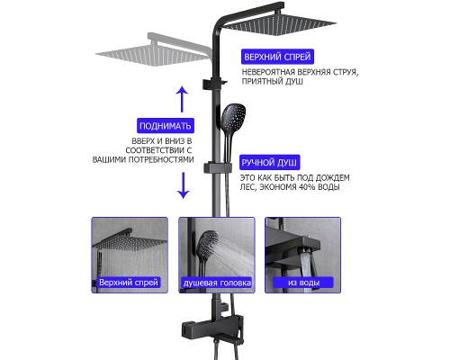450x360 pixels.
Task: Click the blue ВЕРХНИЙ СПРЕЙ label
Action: point(277,57)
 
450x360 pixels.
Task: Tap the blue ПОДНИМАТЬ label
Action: point(166,126)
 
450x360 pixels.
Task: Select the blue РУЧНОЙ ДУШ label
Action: point(269,163)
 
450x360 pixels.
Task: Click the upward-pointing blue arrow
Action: point(182,100)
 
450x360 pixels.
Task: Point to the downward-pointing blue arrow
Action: point(183,185)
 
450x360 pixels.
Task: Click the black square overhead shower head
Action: point(279,23)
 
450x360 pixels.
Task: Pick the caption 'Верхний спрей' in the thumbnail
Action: point(129,283)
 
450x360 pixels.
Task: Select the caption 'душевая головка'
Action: point(217,283)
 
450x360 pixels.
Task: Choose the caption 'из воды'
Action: point(303,283)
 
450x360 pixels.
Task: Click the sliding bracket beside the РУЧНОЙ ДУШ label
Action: point(218,168)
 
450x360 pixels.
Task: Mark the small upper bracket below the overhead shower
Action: point(214,84)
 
